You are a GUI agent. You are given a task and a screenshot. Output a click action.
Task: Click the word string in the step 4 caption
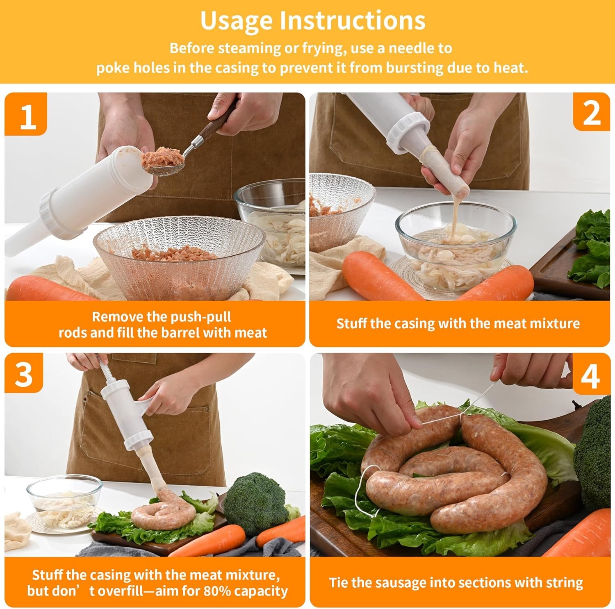point(564,583)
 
